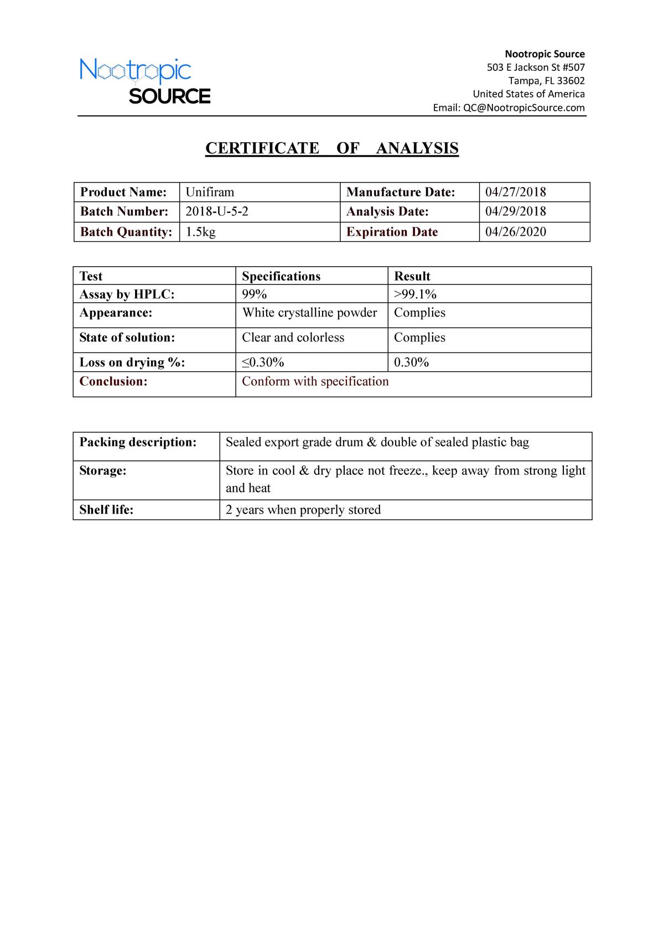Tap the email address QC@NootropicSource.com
point(523,108)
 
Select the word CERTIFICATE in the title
point(262,148)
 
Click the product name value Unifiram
point(210,192)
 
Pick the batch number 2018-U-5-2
point(217,211)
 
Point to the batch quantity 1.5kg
point(200,232)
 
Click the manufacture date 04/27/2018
point(515,192)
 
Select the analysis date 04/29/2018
point(515,211)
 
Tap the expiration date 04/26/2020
point(515,232)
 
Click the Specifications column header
point(281,276)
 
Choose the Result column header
point(412,276)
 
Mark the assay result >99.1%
point(415,294)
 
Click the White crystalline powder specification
point(309,313)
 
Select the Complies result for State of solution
point(419,338)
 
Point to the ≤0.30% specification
point(263,362)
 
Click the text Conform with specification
point(315,381)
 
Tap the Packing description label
point(138,442)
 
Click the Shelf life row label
point(106,510)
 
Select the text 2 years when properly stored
point(303,510)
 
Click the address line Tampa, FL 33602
point(546,81)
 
